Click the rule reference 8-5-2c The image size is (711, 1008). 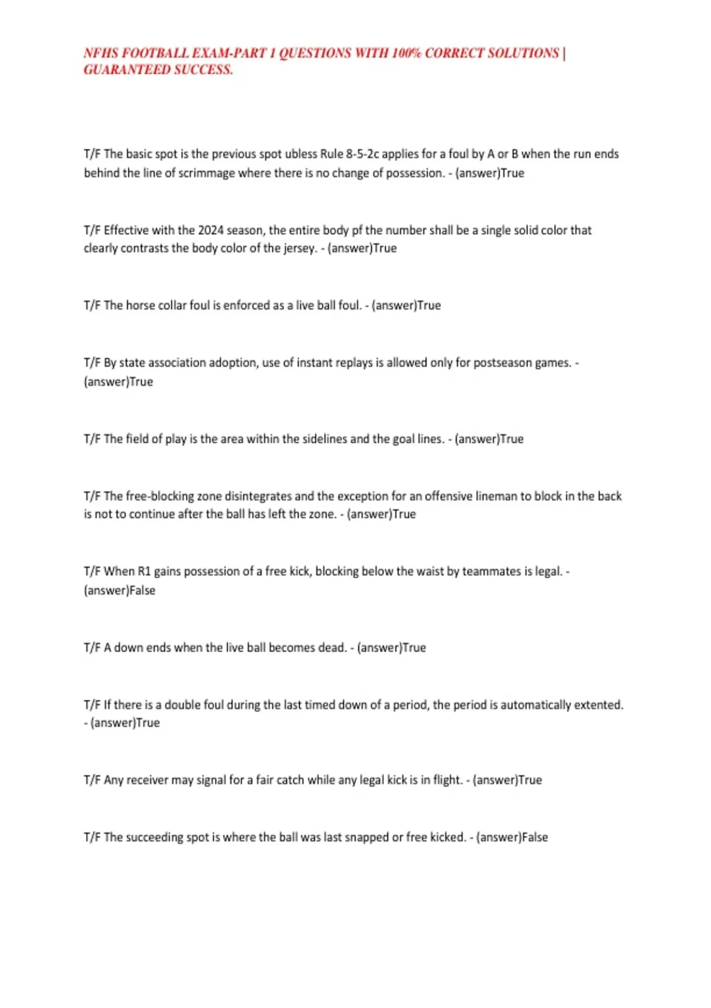pos(363,154)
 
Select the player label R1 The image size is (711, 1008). pos(144,572)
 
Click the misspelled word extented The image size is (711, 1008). pos(598,705)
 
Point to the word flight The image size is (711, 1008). pos(447,780)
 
